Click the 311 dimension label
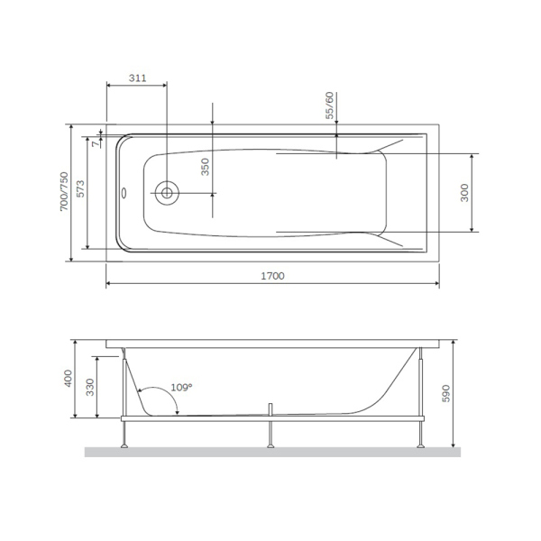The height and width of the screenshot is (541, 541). pyautogui.click(x=136, y=78)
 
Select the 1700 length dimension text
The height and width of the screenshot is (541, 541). pyautogui.click(x=271, y=276)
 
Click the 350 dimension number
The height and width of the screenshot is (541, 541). pyautogui.click(x=205, y=168)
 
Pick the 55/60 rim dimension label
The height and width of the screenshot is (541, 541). pyautogui.click(x=330, y=105)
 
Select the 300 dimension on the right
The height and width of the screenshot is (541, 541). pyautogui.click(x=464, y=193)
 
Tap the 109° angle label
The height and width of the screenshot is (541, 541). pyautogui.click(x=181, y=387)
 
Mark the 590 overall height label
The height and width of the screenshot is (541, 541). pyautogui.click(x=448, y=393)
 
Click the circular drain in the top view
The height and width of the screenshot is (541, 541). pyautogui.click(x=167, y=192)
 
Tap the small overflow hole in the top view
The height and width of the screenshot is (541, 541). pyautogui.click(x=125, y=191)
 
